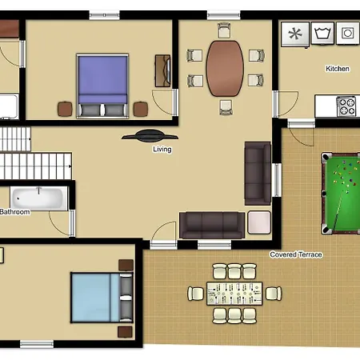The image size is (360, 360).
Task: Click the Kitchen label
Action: (338, 69)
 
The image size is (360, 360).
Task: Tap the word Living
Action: (162, 150)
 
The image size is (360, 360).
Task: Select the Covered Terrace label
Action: (296, 254)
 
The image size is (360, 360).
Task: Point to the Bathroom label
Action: (15, 212)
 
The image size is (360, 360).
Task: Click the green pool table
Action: (341, 194)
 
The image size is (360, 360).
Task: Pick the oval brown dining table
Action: (225, 69)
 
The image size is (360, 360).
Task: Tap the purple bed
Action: (102, 86)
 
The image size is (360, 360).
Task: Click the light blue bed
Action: (102, 298)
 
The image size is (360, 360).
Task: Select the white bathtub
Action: (39, 198)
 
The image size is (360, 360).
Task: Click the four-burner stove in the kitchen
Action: (346, 106)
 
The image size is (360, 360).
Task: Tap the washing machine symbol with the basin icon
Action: (322, 33)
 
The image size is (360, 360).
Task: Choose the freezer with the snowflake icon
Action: (295, 34)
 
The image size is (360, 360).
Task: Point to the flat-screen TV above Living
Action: (150, 135)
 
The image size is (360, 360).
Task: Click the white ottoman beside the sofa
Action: (259, 222)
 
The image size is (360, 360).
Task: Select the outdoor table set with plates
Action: (234, 294)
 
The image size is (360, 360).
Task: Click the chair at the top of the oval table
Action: (224, 30)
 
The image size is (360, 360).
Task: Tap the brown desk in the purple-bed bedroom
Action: (162, 71)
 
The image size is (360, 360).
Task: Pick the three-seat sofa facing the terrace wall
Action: (212, 225)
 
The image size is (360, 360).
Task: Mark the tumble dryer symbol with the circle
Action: (348, 33)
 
